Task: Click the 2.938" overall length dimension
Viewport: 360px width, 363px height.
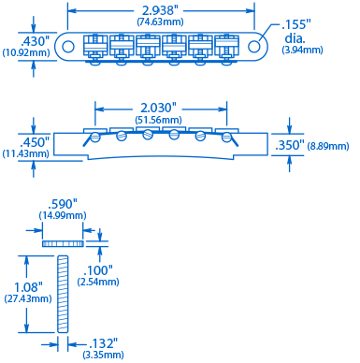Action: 160,10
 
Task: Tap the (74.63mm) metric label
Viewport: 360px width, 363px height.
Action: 160,22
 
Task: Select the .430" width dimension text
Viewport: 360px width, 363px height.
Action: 36,41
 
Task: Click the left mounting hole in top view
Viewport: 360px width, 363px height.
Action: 68,47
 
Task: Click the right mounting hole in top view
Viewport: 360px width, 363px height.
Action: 254,47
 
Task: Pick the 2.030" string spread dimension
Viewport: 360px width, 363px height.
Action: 158,109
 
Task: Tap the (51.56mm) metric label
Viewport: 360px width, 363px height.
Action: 158,120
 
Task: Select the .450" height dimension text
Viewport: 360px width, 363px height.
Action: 35,142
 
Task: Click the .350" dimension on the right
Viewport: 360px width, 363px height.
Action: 290,145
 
